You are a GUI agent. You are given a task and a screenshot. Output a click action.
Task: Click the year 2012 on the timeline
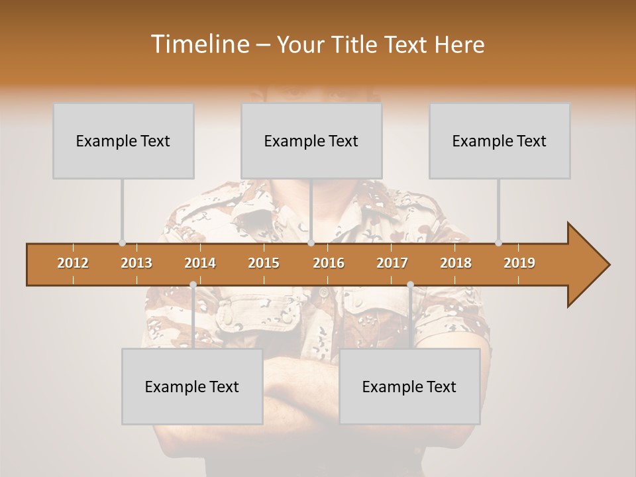click(x=73, y=263)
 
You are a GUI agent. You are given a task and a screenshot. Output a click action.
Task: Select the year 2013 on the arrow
click(x=136, y=263)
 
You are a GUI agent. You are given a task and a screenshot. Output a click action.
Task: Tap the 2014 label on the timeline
click(x=200, y=263)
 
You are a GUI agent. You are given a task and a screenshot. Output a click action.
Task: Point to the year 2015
click(x=264, y=263)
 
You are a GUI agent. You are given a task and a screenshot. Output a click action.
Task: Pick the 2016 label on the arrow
click(x=329, y=263)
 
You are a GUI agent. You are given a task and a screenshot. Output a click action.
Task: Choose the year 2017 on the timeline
click(x=392, y=263)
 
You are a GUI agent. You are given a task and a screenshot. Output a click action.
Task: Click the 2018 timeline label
click(x=456, y=263)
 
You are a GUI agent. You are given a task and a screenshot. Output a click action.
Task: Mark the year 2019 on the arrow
click(x=519, y=263)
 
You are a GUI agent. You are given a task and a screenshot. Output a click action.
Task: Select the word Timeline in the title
click(x=198, y=44)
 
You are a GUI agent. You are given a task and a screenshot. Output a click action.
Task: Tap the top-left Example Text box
click(x=123, y=141)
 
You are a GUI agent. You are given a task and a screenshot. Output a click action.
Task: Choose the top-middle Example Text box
click(x=311, y=141)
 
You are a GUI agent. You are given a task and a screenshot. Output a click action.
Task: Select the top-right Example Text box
click(x=500, y=141)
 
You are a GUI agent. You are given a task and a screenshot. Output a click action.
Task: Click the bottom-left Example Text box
click(x=192, y=386)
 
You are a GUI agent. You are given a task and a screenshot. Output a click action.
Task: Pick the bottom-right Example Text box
click(x=409, y=386)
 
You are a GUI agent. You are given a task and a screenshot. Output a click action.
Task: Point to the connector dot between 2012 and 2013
click(x=122, y=243)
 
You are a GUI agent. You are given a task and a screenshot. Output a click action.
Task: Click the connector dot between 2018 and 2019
click(x=498, y=243)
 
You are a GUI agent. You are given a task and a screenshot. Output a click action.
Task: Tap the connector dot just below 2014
click(x=193, y=285)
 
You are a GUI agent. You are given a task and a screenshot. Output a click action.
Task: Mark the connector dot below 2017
click(x=410, y=285)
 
